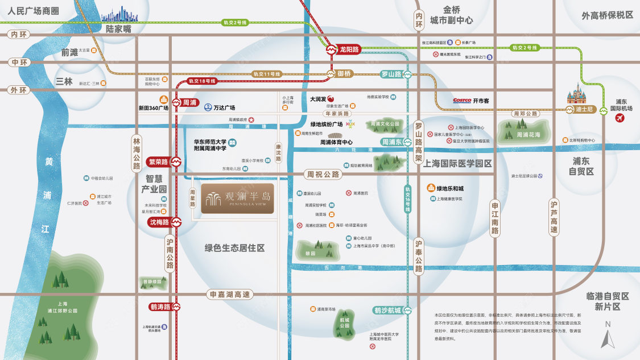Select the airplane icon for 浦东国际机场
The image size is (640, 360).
[620, 118]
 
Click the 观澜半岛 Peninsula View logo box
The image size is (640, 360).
[237, 198]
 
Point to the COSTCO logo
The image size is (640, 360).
[462, 100]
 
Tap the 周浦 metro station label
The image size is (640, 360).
[189, 103]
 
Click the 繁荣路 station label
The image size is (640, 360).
[160, 162]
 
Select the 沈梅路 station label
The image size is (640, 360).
[160, 222]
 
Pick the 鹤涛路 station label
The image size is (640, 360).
[160, 307]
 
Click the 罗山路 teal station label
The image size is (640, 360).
[391, 74]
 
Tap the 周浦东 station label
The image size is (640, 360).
[392, 142]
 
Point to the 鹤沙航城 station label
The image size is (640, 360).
[387, 311]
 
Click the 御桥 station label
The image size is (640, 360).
[344, 73]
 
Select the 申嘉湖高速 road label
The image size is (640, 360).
[230, 295]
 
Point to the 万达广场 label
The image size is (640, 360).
[224, 107]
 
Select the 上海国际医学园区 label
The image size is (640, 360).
[457, 163]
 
